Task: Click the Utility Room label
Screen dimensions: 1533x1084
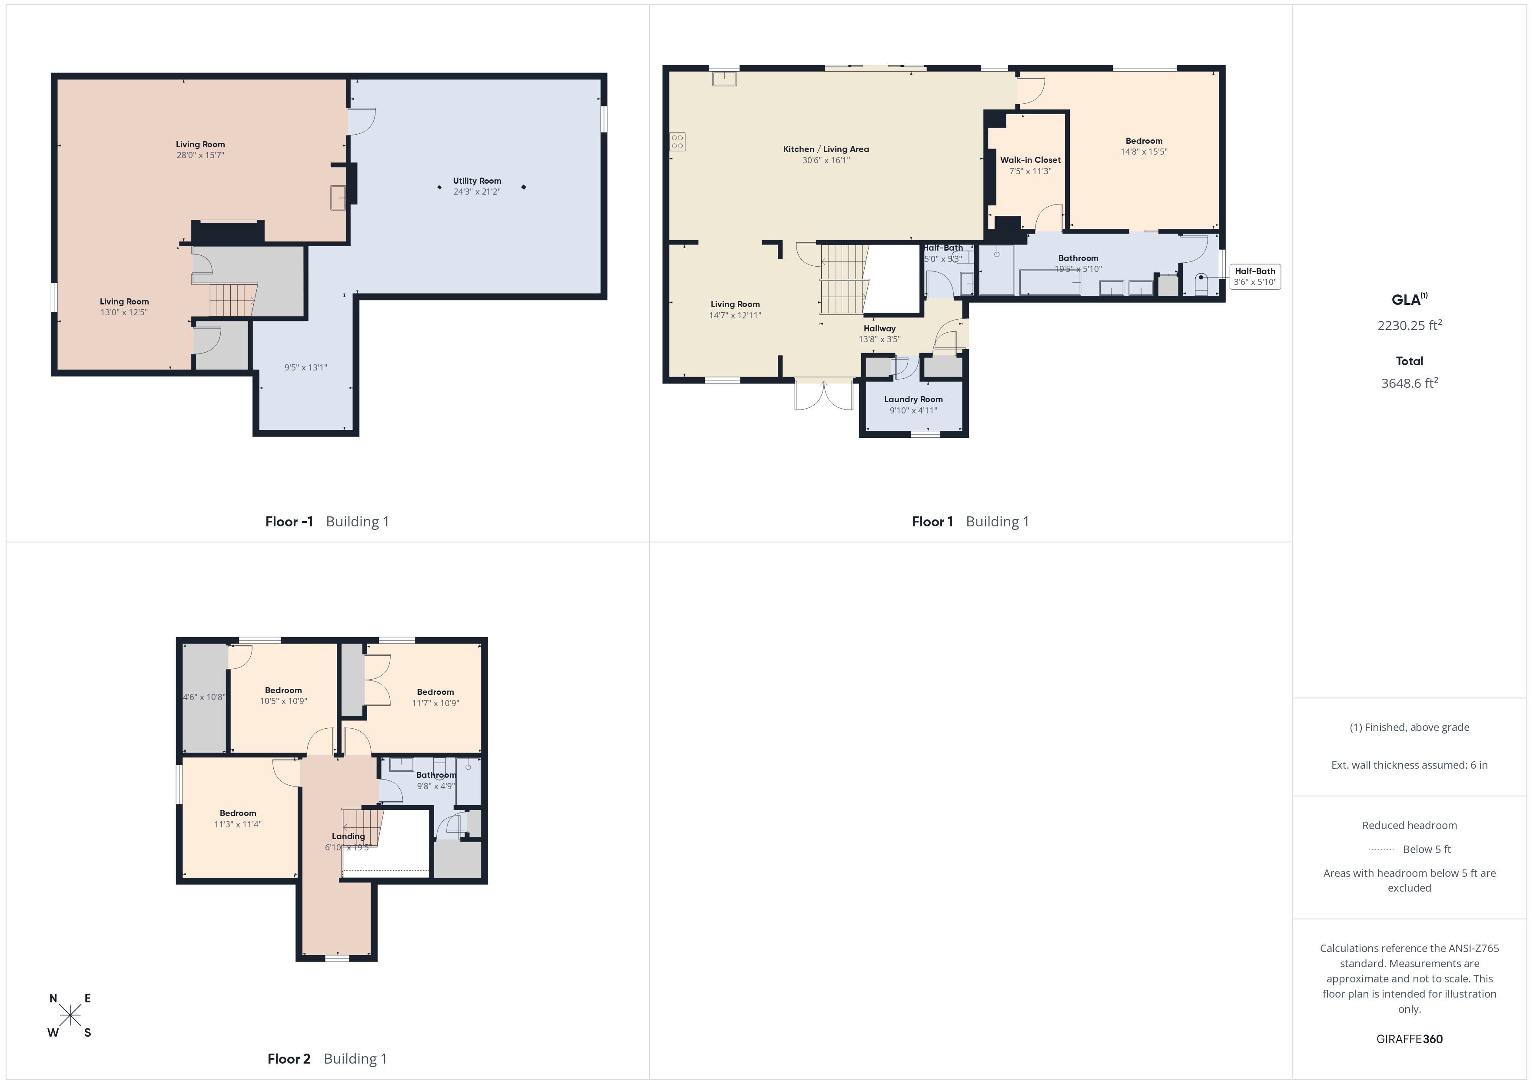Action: tap(477, 181)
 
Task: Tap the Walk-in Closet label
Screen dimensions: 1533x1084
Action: tap(1030, 160)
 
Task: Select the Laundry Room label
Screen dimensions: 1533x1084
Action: tap(913, 399)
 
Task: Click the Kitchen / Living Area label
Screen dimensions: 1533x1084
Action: tap(826, 149)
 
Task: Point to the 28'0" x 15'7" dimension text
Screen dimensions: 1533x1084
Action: tap(200, 155)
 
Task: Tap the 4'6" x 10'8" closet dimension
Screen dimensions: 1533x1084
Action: tap(204, 697)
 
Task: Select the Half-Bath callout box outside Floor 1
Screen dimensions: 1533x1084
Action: tap(1255, 276)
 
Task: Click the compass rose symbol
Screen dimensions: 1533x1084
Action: tap(70, 1016)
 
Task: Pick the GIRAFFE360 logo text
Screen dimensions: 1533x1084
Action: tap(1410, 1039)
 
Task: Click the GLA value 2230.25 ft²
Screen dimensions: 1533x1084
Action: tap(1410, 325)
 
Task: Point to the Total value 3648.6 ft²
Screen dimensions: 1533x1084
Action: tap(1410, 383)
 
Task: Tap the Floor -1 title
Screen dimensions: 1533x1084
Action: tap(289, 522)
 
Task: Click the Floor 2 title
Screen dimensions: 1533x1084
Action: tap(289, 1059)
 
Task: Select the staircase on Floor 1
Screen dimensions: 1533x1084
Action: tap(844, 279)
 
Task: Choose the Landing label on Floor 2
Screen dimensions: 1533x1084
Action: tap(348, 836)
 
